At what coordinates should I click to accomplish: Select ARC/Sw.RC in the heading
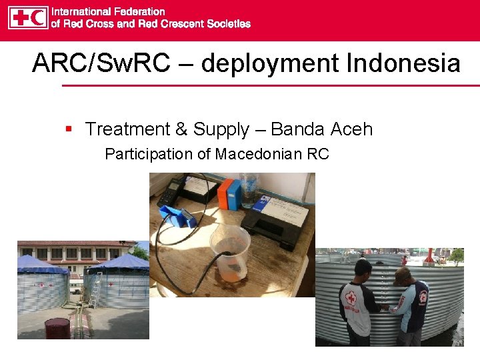point(101,64)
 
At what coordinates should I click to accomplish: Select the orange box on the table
point(225,193)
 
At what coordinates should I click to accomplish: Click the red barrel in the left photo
point(57,329)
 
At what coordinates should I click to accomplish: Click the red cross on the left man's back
point(351,298)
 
